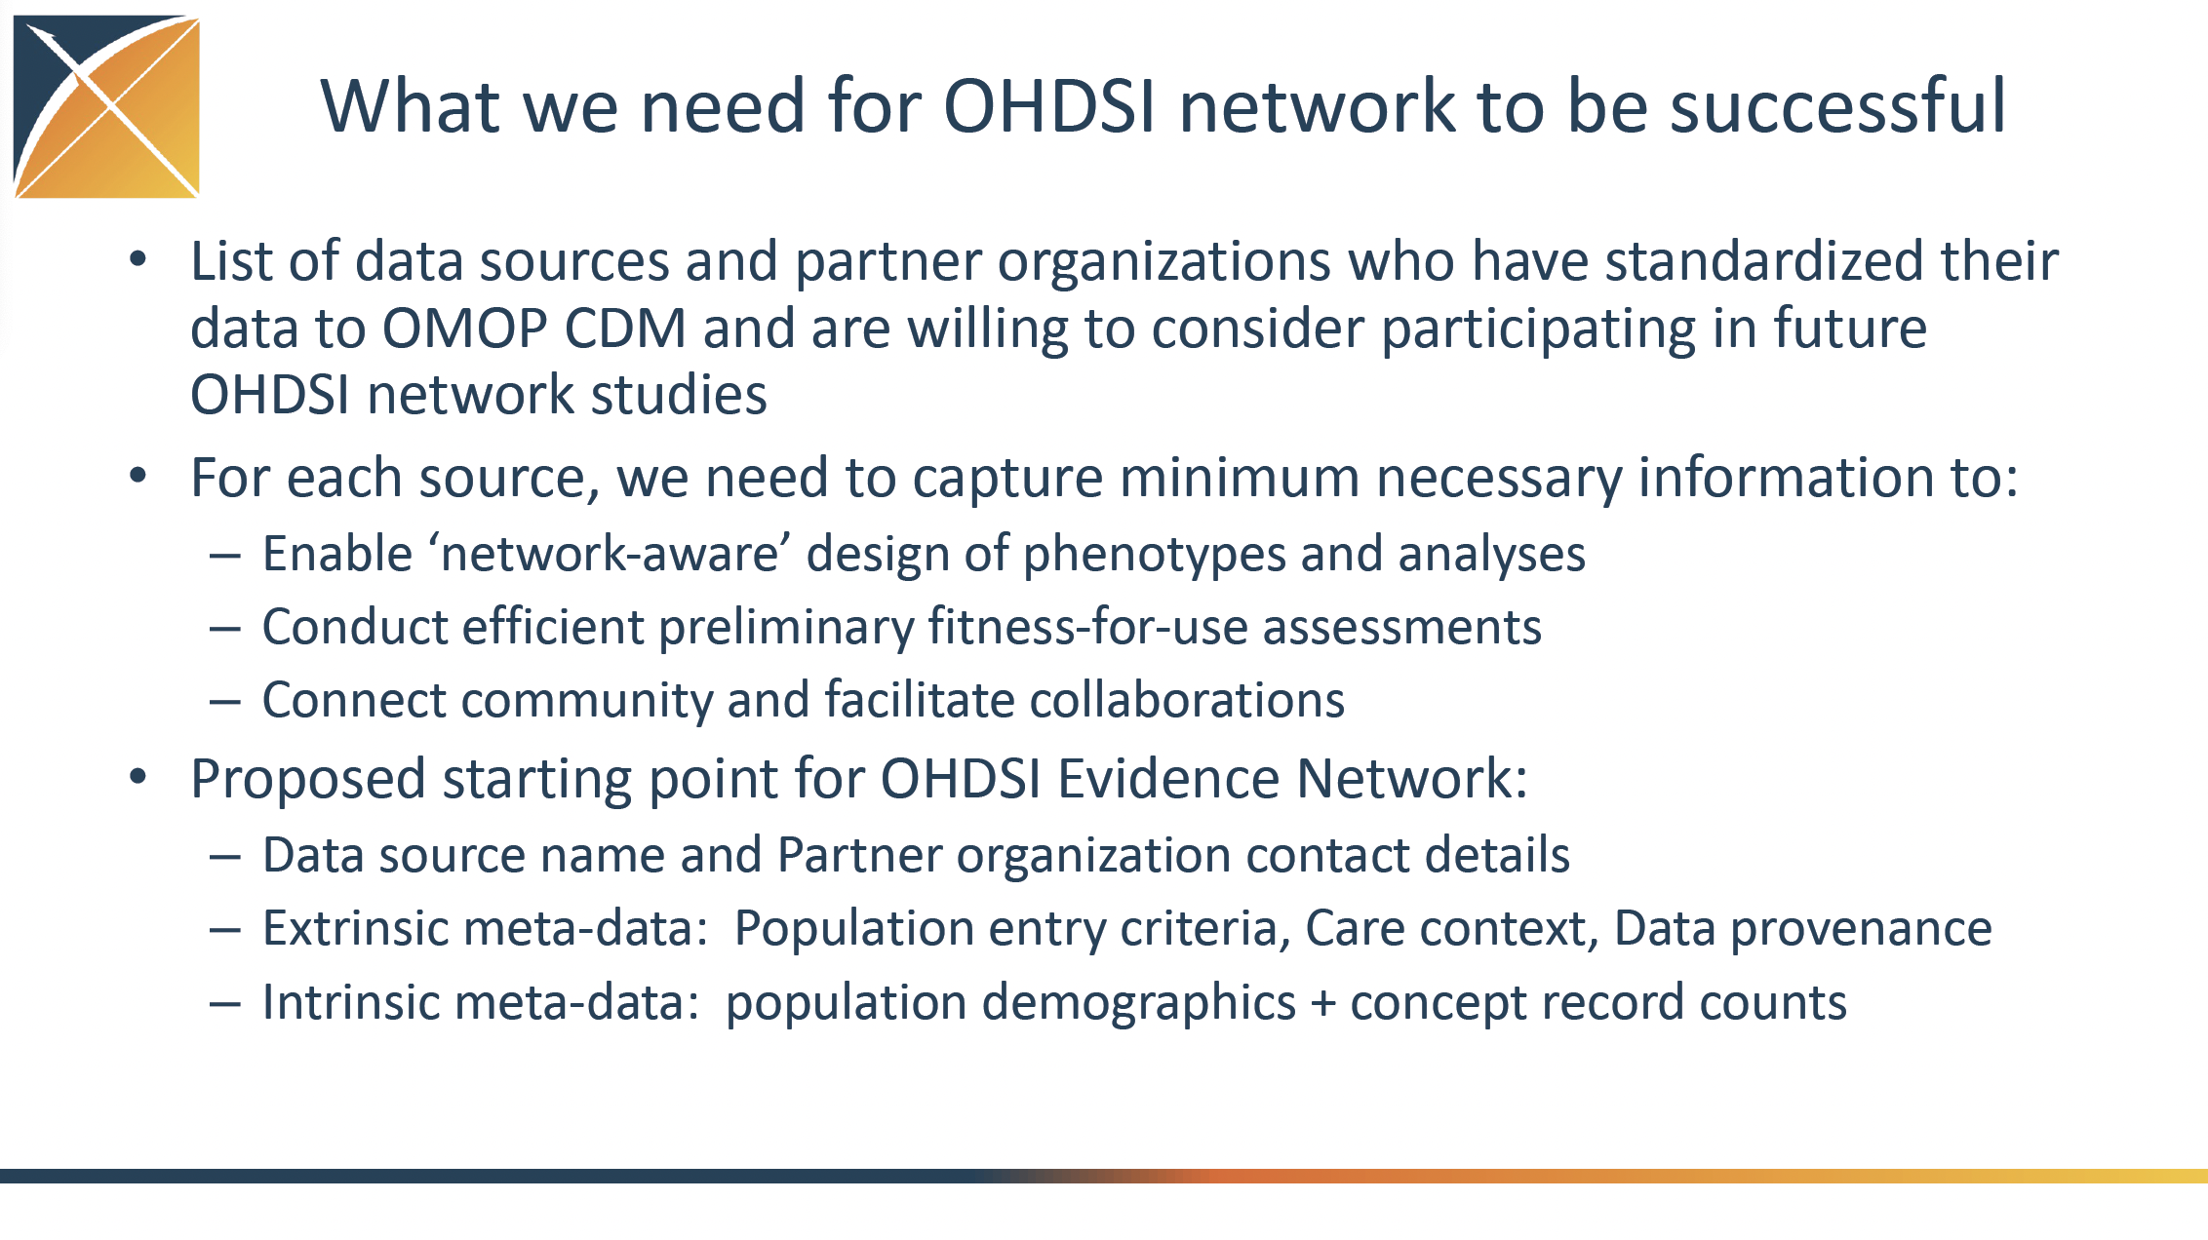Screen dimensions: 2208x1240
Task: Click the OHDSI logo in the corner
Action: (x=106, y=107)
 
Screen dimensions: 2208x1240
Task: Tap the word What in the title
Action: (x=411, y=105)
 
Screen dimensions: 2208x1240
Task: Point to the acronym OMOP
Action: (x=465, y=329)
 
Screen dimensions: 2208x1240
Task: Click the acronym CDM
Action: (x=625, y=329)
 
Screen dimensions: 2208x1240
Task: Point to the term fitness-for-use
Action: (x=1087, y=626)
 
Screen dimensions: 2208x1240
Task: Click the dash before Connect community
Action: (x=225, y=702)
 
